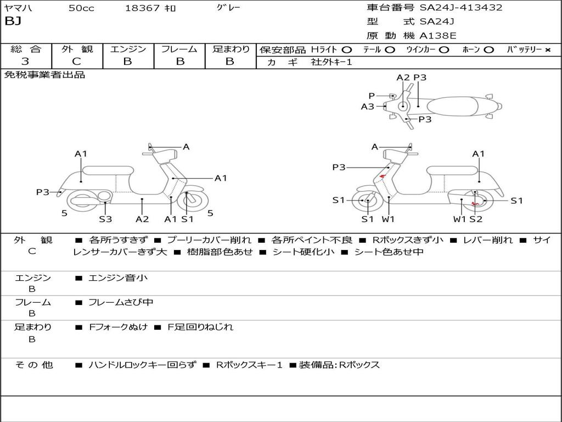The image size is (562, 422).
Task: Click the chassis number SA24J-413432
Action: [461, 8]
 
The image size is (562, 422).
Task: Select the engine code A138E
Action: [438, 36]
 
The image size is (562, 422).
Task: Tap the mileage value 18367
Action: [142, 8]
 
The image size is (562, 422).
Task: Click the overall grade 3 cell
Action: [25, 62]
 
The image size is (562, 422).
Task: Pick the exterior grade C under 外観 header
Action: [77, 62]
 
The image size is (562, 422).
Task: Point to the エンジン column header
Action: [128, 49]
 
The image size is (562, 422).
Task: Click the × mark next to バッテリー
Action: [547, 50]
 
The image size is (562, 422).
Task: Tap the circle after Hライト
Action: [347, 50]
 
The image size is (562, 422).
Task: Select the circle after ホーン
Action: [489, 50]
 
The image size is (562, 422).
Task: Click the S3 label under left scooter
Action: [105, 219]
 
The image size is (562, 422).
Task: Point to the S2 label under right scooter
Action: [475, 219]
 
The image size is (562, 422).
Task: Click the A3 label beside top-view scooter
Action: [367, 107]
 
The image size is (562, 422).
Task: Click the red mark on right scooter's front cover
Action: [382, 176]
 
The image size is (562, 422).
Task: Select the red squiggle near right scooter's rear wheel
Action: [476, 203]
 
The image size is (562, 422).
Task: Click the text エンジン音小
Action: [118, 278]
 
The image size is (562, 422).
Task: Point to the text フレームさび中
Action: [121, 302]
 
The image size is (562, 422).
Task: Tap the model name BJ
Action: [13, 22]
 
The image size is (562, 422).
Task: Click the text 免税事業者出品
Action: [44, 75]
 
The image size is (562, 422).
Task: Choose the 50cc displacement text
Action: [81, 8]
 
